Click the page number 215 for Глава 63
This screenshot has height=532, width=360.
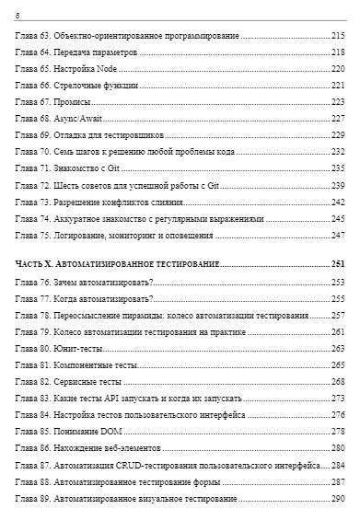point(337,36)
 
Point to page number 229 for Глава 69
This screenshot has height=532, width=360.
point(337,135)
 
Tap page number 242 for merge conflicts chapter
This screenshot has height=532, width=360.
point(337,202)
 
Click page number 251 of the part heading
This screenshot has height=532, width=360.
point(337,265)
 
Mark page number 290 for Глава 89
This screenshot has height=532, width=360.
point(337,498)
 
